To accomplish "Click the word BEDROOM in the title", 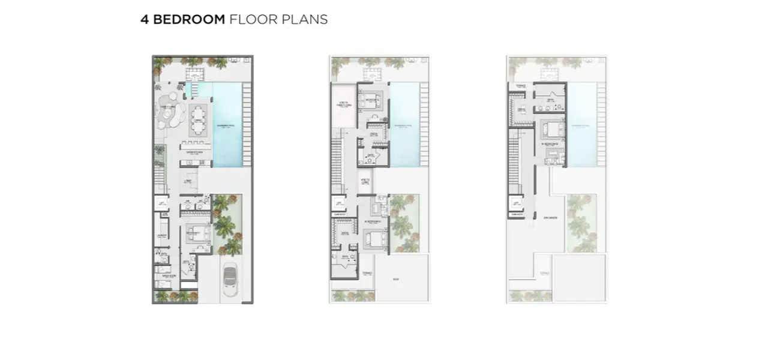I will [188, 19].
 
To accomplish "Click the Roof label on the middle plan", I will [395, 279].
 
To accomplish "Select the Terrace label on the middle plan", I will [367, 273].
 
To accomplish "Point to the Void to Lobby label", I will [365, 181].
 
